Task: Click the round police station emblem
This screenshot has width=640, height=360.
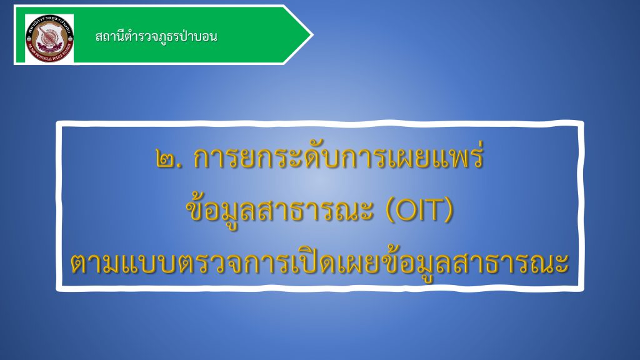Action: click(49, 38)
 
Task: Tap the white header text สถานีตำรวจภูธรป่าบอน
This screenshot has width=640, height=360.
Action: click(156, 37)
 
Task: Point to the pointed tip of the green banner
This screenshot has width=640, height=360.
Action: click(312, 35)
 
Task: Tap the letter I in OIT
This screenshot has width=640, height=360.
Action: click(421, 211)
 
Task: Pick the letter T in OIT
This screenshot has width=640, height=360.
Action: click(434, 211)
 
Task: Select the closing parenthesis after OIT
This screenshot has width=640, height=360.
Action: click(449, 211)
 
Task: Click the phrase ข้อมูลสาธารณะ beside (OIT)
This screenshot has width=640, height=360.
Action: click(280, 210)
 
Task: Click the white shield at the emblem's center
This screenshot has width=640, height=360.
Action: click(49, 37)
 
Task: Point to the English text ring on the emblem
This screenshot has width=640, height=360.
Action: click(49, 56)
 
